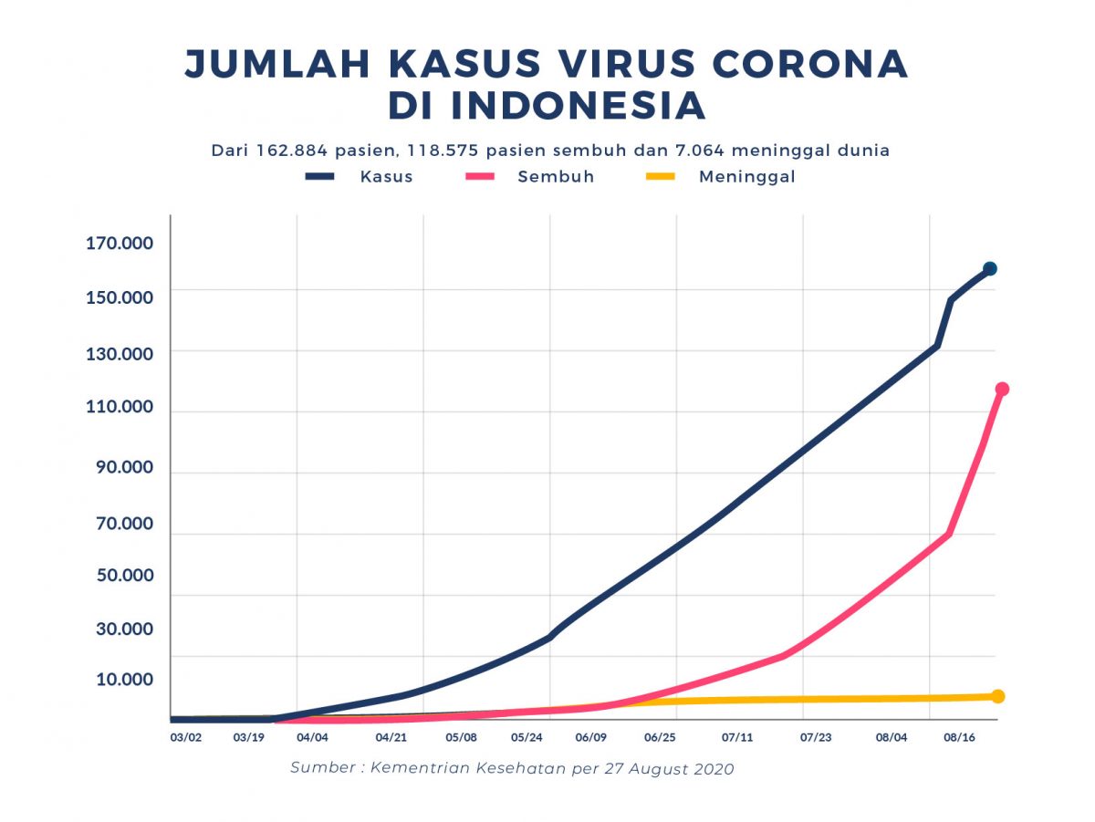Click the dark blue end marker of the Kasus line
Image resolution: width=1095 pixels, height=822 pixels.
click(990, 268)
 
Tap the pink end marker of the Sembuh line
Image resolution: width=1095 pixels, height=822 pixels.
click(1002, 389)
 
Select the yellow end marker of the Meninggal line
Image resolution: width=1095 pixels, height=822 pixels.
click(998, 696)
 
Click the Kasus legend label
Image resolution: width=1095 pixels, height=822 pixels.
click(386, 177)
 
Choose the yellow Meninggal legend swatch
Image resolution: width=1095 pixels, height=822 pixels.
click(654, 176)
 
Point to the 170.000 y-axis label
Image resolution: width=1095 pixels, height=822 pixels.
click(120, 244)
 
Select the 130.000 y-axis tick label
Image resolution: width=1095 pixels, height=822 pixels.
click(120, 353)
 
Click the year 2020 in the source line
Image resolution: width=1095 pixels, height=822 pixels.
click(711, 768)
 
